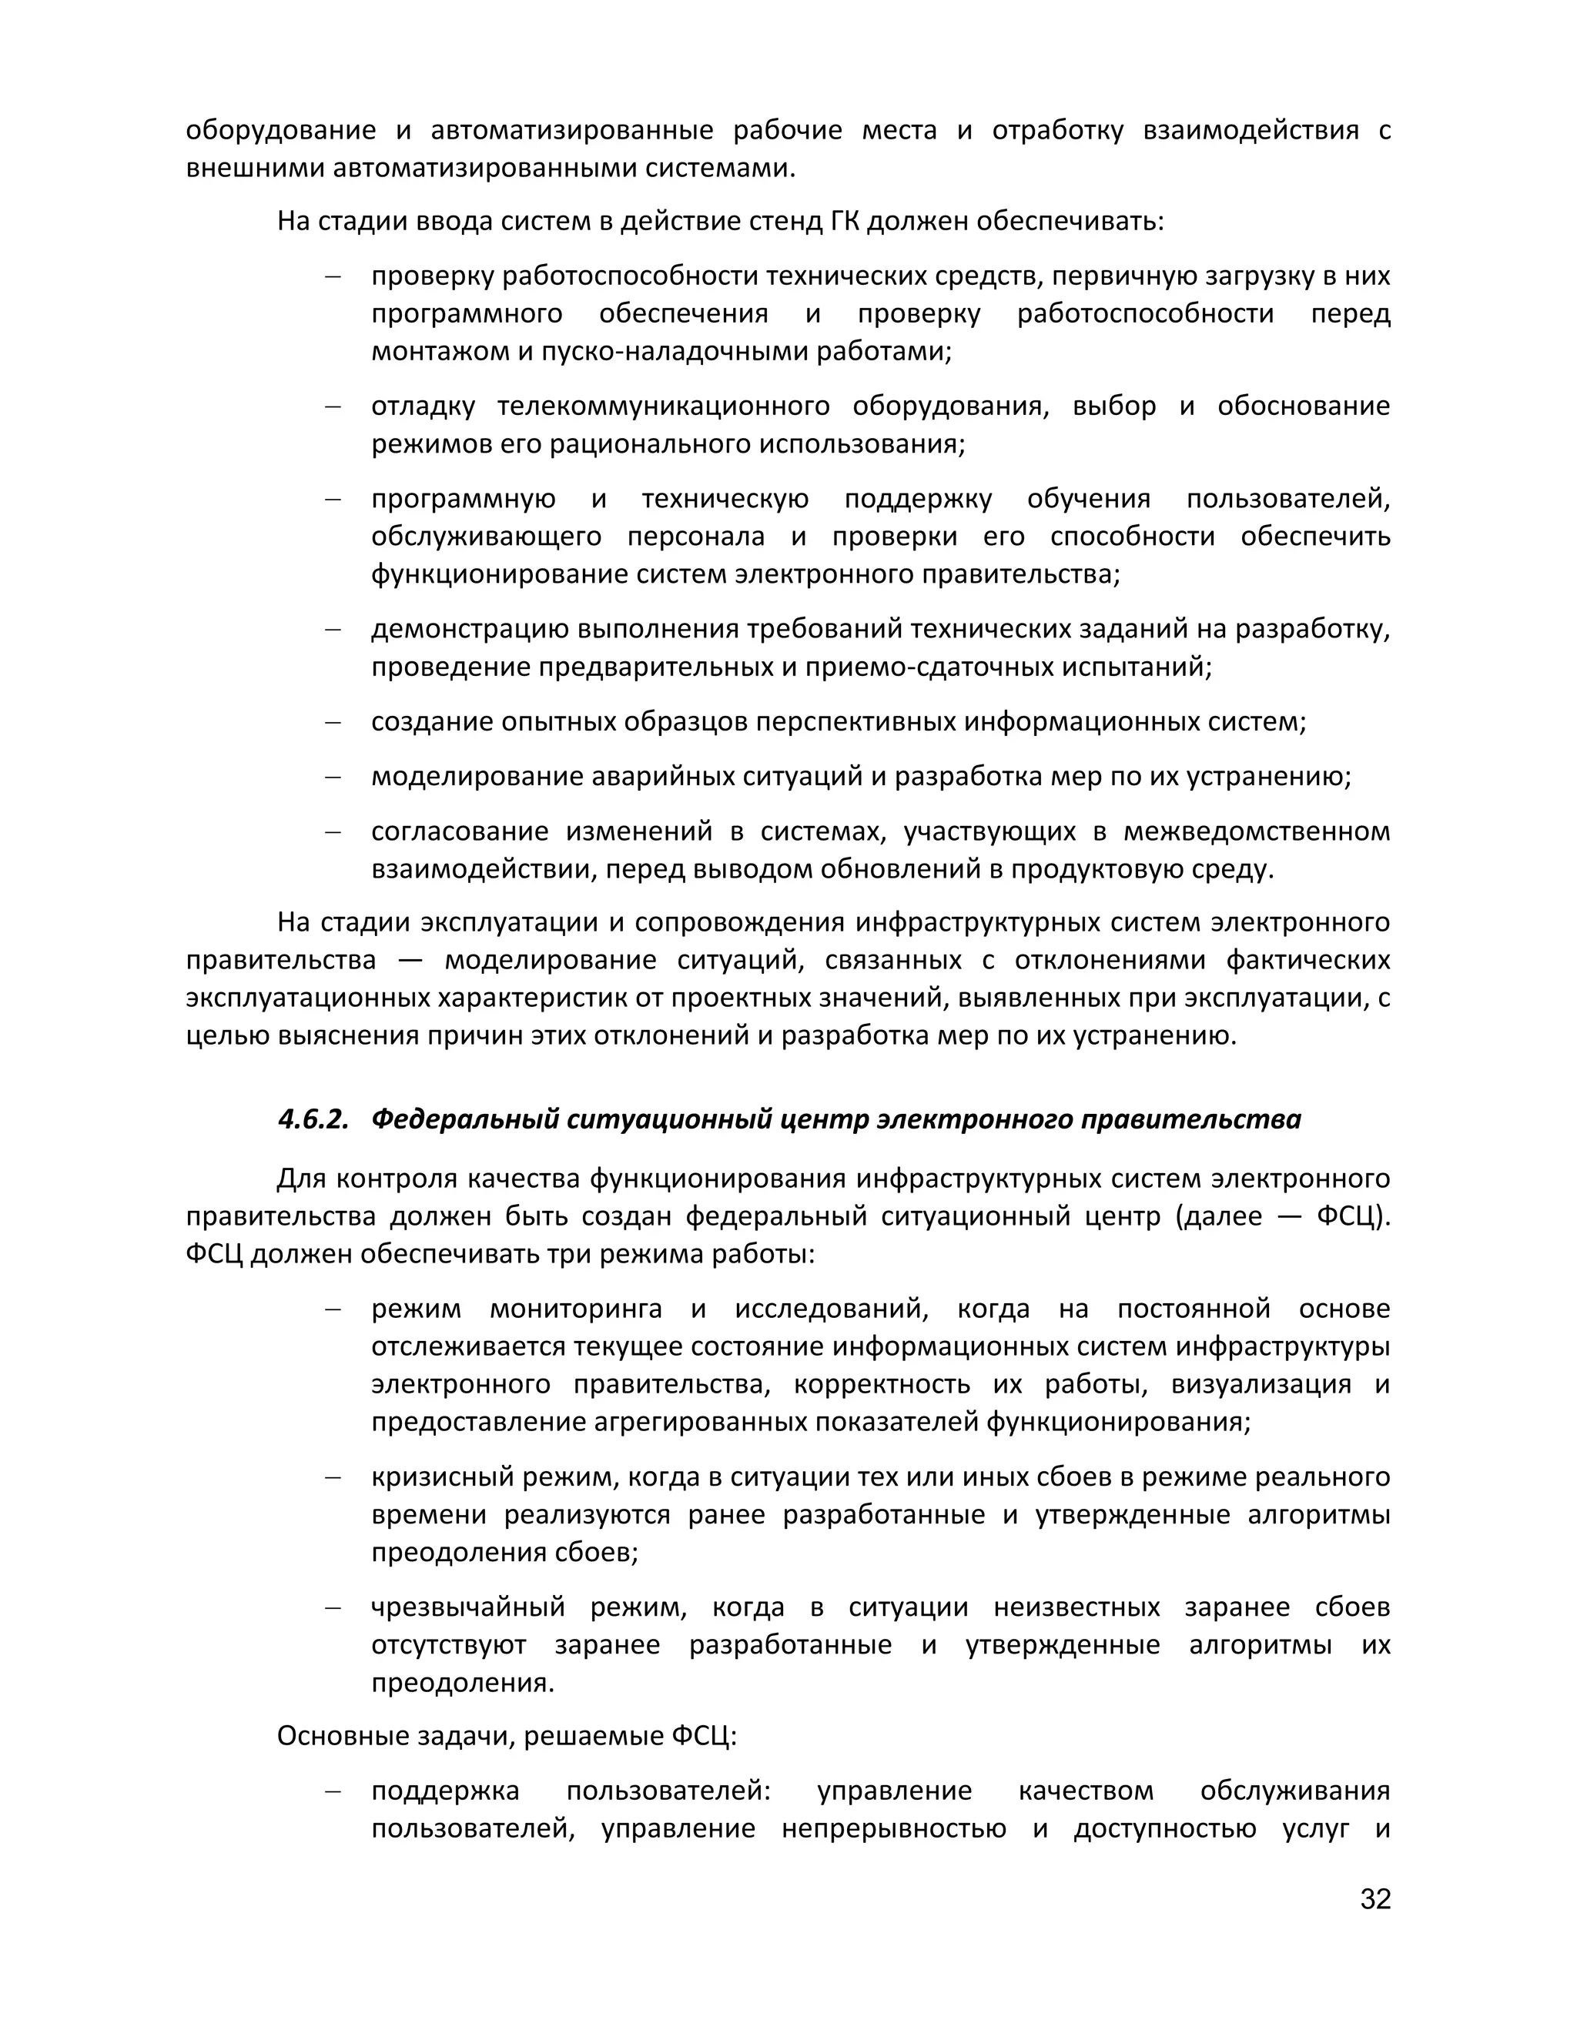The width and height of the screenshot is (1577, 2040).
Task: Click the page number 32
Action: pos(1375,1899)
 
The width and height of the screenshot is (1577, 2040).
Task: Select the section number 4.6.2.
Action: pos(312,1119)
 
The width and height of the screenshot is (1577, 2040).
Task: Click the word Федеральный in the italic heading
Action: pos(465,1119)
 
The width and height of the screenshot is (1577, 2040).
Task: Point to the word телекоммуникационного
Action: pos(663,406)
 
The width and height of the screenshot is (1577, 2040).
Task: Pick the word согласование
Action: pos(457,831)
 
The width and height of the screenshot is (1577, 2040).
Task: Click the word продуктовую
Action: pos(1090,870)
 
